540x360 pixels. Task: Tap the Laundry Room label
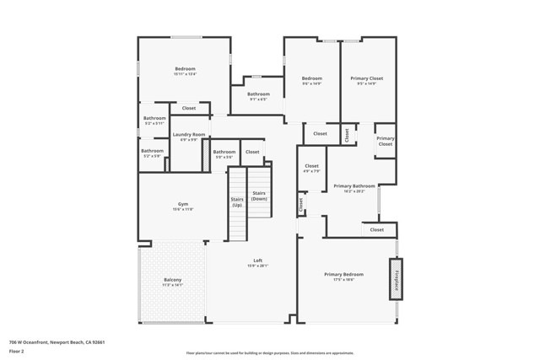click(189, 135)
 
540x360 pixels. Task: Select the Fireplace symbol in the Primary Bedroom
click(395, 278)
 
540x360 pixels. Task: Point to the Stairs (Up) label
click(237, 201)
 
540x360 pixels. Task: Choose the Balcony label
click(172, 280)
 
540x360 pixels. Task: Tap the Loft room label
click(258, 261)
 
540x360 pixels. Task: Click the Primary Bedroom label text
click(344, 274)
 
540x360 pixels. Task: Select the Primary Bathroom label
click(354, 185)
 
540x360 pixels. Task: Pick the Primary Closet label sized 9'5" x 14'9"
click(367, 78)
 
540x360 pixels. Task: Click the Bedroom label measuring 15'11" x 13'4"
click(186, 68)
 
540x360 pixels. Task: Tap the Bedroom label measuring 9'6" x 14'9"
click(312, 78)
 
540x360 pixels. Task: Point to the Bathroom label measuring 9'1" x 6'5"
click(258, 94)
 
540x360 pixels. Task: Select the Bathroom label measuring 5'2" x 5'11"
click(154, 118)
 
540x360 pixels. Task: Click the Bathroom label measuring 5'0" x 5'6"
click(224, 152)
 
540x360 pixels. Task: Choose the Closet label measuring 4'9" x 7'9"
click(312, 166)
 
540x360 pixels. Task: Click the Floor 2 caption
click(16, 352)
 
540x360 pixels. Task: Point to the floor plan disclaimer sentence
click(270, 352)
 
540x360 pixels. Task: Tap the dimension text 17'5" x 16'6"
click(344, 279)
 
